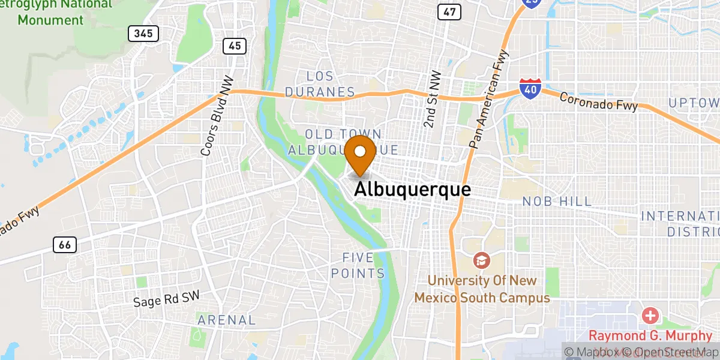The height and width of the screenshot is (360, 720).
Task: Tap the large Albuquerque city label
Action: [x=412, y=190]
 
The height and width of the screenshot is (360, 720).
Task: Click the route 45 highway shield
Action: [x=235, y=45]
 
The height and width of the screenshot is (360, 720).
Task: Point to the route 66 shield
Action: [x=64, y=244]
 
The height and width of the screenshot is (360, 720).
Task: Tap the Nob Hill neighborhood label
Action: [x=557, y=202]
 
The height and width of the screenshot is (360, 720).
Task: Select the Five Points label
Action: [x=364, y=266]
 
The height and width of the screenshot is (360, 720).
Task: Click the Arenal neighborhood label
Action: [x=227, y=320]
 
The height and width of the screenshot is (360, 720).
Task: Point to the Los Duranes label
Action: [x=320, y=84]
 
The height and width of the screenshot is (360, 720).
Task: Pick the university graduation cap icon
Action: [x=481, y=260]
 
